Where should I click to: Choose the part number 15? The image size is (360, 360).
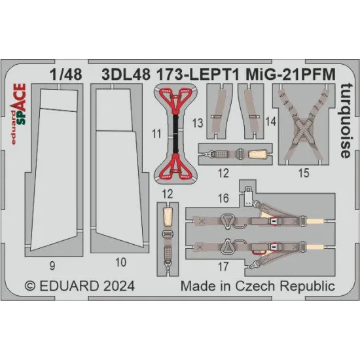[x=302, y=173]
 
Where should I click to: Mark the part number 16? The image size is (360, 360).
[x=223, y=196]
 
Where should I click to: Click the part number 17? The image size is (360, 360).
[x=223, y=266]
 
